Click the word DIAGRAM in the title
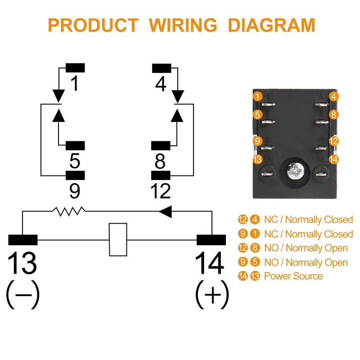tap(271, 25)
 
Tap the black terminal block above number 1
tap(75, 68)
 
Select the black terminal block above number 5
tap(75, 146)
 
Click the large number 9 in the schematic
tap(75, 190)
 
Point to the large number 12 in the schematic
tap(161, 190)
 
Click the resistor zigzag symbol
tap(69, 210)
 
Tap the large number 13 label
tap(22, 263)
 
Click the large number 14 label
tap(210, 263)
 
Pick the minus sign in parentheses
tap(22, 295)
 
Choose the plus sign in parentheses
tap(212, 295)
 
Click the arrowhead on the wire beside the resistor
tap(165, 211)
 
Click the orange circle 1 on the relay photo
tap(257, 96)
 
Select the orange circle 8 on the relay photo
tap(333, 114)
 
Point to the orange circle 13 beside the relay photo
tap(257, 159)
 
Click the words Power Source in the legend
tap(293, 276)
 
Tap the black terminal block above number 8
tap(161, 146)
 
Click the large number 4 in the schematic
tap(161, 84)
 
